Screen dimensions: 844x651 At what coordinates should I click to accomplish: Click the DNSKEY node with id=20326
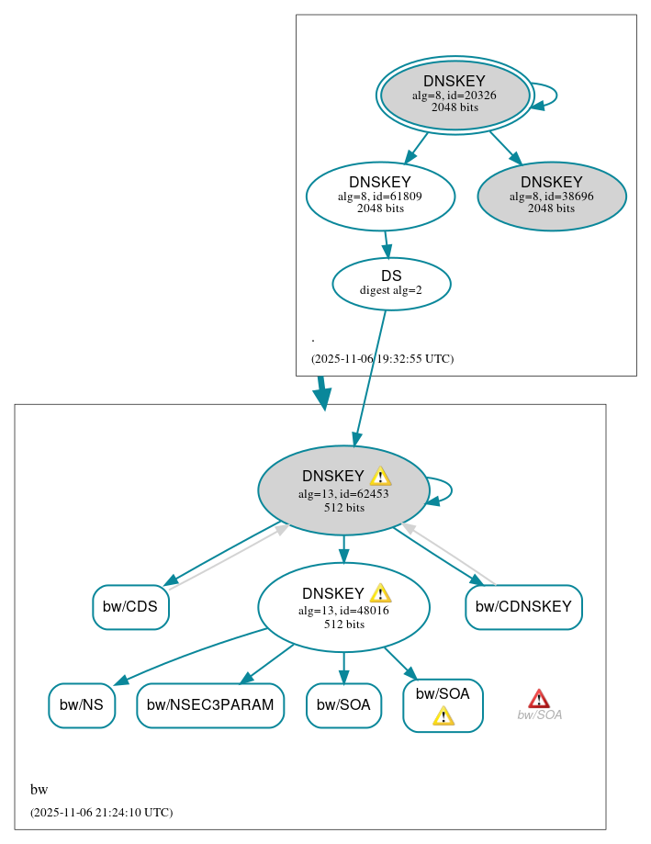tap(455, 95)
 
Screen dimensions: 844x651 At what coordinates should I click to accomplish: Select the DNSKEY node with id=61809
tap(380, 196)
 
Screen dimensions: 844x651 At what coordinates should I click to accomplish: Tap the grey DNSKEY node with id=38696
tap(551, 196)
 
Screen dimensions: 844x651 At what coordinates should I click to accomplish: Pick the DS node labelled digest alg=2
tap(391, 283)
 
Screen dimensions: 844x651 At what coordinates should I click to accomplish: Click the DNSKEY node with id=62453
tap(343, 490)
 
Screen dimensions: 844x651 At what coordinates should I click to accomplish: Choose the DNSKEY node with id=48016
tap(343, 607)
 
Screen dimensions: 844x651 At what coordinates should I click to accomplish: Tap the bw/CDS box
tap(130, 607)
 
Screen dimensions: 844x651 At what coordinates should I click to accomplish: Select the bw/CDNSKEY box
tap(523, 607)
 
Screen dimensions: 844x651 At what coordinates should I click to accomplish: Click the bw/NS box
tap(82, 705)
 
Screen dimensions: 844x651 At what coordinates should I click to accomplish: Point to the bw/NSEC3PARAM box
tap(210, 705)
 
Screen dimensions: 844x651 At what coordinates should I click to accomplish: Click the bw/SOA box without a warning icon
tap(343, 705)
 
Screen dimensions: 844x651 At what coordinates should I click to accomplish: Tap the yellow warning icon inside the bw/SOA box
tap(443, 715)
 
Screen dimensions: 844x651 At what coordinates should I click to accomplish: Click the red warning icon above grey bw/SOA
tap(539, 699)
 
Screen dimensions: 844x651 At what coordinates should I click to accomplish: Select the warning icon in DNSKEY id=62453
tap(380, 476)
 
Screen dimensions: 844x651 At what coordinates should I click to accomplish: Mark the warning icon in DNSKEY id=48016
tap(380, 592)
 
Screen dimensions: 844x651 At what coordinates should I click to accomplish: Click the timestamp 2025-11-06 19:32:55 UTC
tap(382, 359)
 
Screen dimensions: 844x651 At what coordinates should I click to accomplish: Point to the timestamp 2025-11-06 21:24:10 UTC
tap(101, 813)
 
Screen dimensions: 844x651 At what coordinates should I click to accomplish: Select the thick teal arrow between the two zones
tap(321, 392)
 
